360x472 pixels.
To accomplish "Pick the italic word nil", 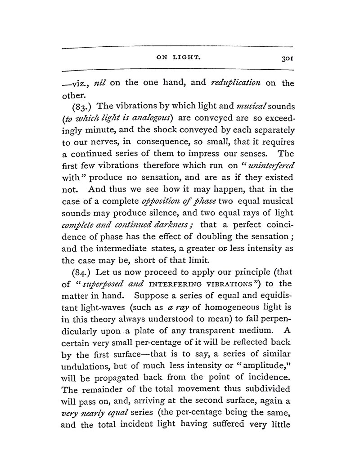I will (x=98, y=83).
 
